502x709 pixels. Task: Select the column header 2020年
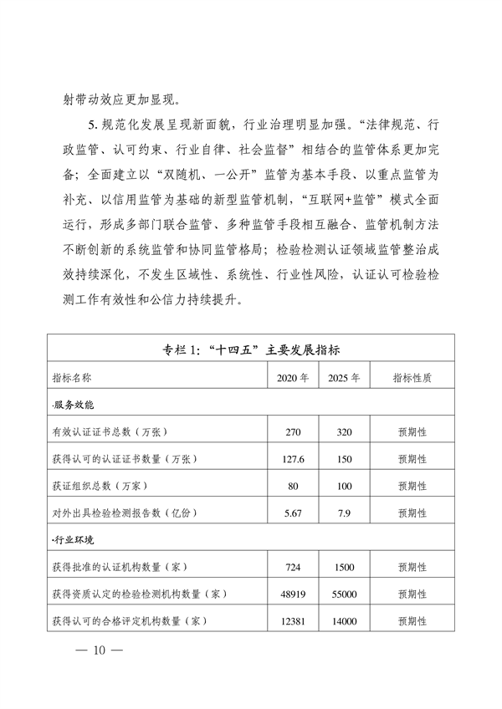coord(293,377)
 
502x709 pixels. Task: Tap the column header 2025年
coord(345,377)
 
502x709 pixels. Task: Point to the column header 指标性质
coord(412,377)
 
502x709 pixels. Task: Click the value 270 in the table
coord(293,431)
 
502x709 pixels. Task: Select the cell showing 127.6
coord(293,458)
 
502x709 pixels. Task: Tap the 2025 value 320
coord(345,431)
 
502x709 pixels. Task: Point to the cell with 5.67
coord(293,513)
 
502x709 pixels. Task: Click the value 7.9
coord(345,513)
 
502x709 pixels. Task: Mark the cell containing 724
coord(293,567)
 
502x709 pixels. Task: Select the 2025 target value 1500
coord(345,567)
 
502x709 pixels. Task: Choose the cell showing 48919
coord(293,594)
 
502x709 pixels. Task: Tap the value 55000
coord(345,594)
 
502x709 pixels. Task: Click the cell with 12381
coord(293,621)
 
